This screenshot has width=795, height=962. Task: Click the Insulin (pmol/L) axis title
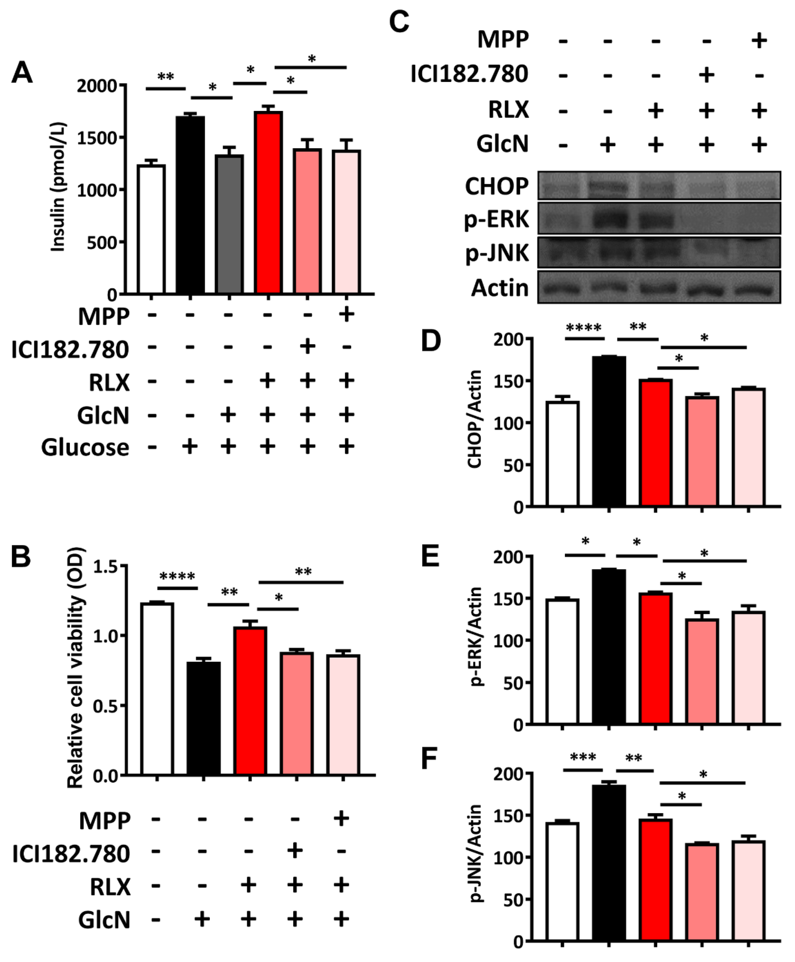click(58, 187)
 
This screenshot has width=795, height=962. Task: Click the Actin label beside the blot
click(500, 288)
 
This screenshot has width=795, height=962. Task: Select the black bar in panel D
click(609, 431)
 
